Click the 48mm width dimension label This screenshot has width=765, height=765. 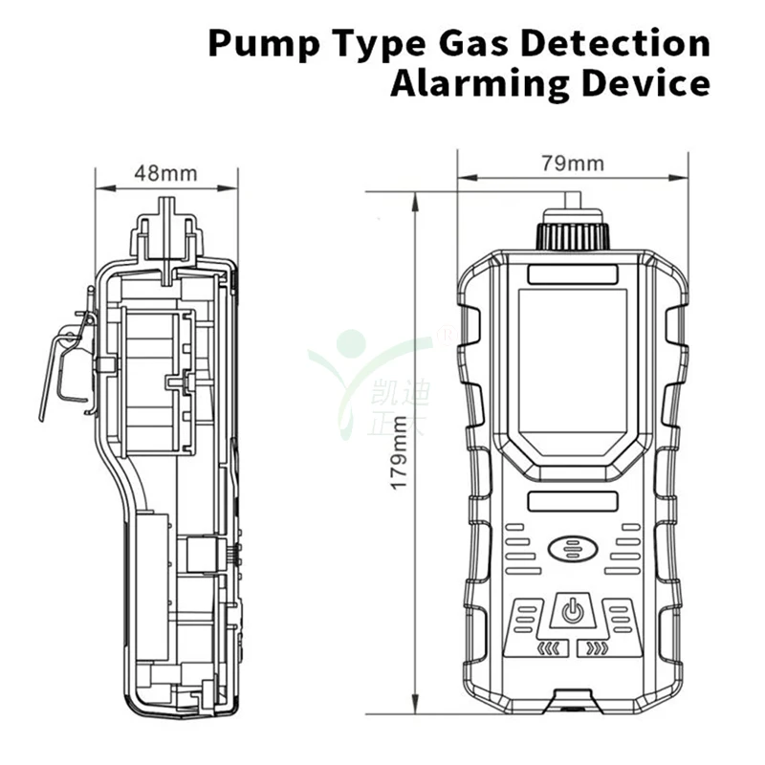[165, 173]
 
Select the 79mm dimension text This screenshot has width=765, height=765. [573, 163]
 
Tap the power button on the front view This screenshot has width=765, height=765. [572, 612]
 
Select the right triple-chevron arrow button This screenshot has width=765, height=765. [597, 650]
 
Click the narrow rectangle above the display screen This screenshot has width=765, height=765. [572, 274]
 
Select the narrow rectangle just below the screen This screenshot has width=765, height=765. [572, 501]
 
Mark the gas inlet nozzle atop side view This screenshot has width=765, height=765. [168, 229]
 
